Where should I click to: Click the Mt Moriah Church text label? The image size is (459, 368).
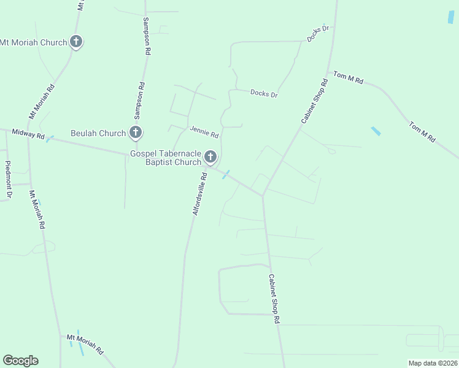point(34,42)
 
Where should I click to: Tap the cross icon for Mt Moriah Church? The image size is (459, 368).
point(76,42)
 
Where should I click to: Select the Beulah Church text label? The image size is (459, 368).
point(98,133)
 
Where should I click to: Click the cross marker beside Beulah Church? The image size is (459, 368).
point(136,132)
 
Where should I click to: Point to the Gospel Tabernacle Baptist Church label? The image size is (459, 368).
point(166,158)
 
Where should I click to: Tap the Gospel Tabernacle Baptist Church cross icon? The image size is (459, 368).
point(210,157)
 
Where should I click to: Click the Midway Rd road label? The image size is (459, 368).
point(29,134)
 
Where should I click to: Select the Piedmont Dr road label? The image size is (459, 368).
point(9,179)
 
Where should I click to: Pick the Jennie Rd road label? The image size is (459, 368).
point(204,132)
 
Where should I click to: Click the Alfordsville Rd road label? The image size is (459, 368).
point(199,193)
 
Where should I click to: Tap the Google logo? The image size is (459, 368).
point(20,361)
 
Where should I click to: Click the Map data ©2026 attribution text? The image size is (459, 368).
point(432,363)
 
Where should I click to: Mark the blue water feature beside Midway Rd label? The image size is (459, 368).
point(50,139)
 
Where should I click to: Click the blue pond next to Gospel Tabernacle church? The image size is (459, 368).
point(226,175)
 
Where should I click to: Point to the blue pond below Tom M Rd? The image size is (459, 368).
point(376,131)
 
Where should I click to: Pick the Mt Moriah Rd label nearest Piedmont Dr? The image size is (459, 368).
point(37,209)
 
